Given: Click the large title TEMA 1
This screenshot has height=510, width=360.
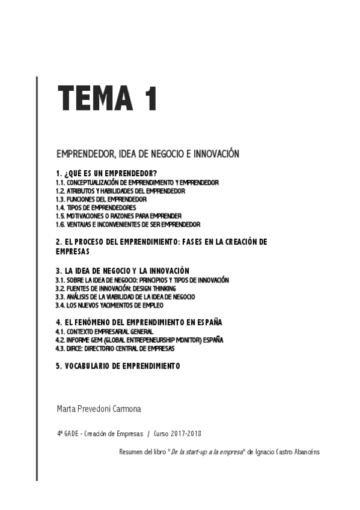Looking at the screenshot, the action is pyautogui.click(x=108, y=97).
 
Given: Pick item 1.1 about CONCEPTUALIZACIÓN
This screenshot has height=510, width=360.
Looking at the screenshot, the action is pyautogui.click(x=137, y=182).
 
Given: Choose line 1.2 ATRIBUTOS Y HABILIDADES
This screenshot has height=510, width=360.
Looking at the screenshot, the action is pyautogui.click(x=120, y=190).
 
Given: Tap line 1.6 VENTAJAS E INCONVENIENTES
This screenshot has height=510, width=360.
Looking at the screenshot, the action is pyautogui.click(x=128, y=224).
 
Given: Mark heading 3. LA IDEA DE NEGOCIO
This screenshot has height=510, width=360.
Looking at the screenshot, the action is pyautogui.click(x=123, y=271).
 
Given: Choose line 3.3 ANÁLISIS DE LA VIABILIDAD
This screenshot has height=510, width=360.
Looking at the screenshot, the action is pyautogui.click(x=125, y=296).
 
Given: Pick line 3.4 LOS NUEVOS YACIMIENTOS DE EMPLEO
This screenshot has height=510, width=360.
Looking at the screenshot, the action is pyautogui.click(x=109, y=305).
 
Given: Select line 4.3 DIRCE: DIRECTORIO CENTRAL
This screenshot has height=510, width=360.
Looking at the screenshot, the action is pyautogui.click(x=115, y=348).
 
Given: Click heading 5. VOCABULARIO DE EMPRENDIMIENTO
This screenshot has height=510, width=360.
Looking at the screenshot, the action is pyautogui.click(x=118, y=366).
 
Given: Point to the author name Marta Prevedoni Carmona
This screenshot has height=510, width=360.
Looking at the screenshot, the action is pyautogui.click(x=99, y=408).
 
